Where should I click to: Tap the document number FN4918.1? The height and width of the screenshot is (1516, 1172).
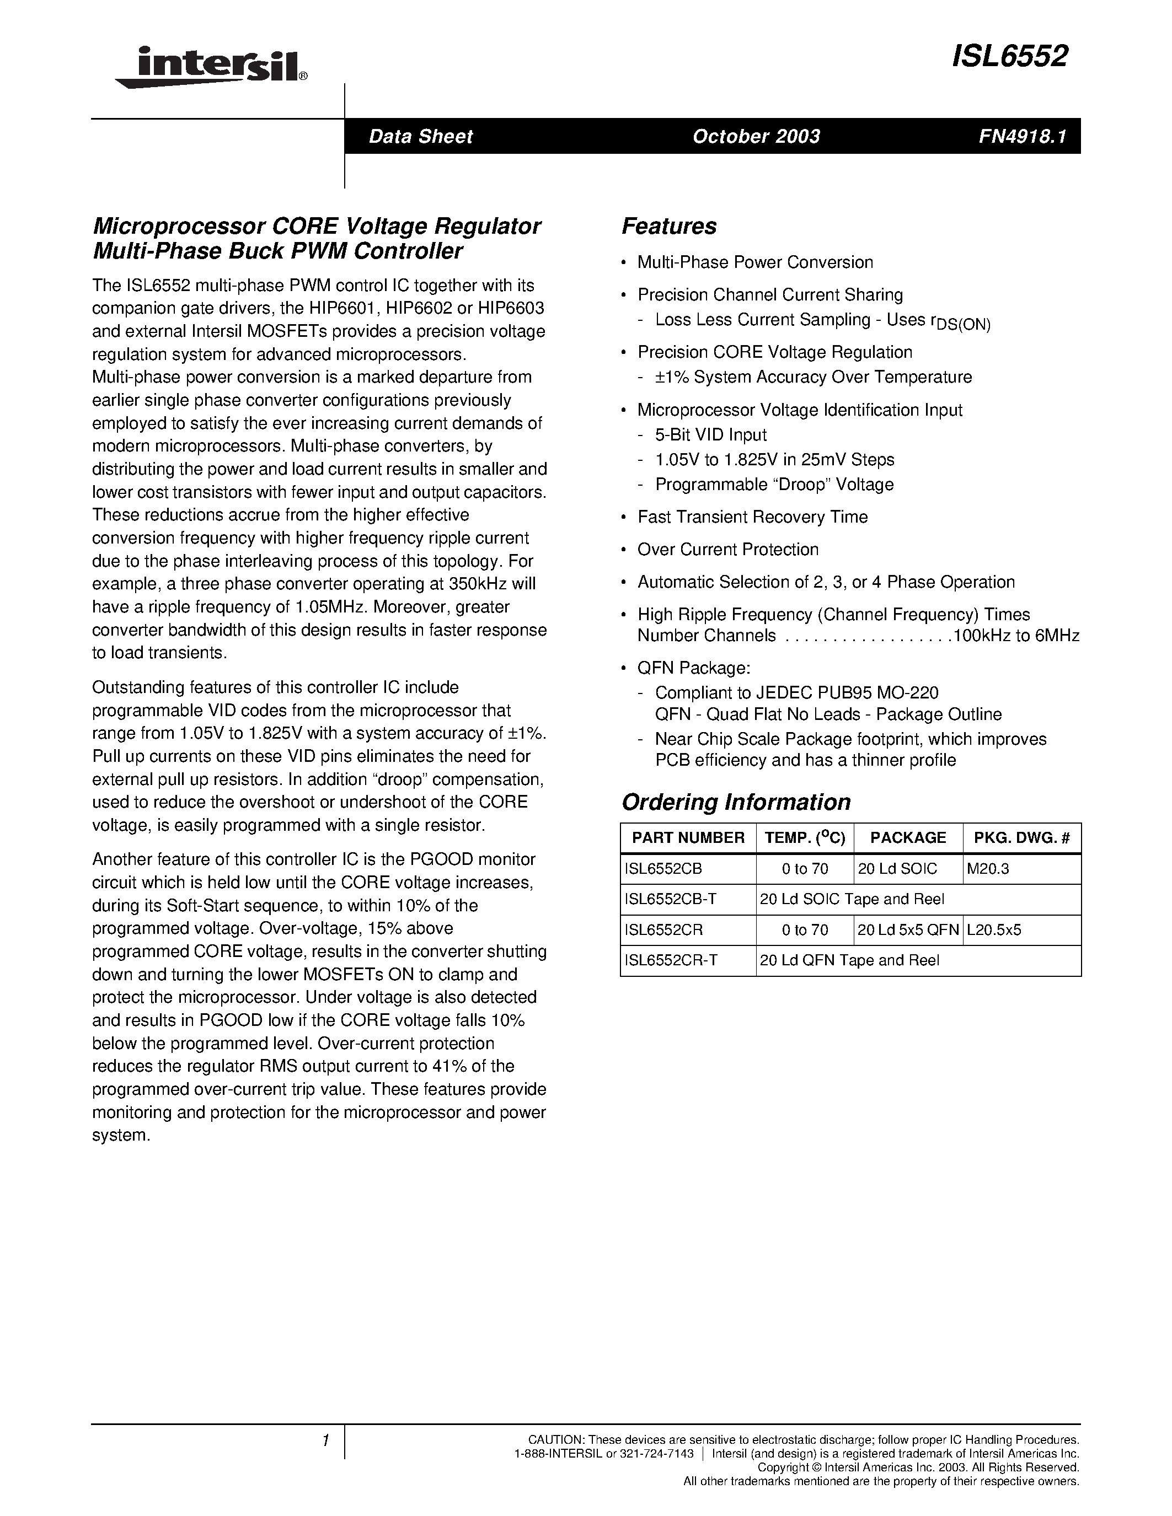pyautogui.click(x=1021, y=136)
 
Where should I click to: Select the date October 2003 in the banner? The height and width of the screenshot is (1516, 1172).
pyautogui.click(x=756, y=136)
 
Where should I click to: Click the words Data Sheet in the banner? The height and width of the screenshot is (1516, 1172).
pyautogui.click(x=420, y=136)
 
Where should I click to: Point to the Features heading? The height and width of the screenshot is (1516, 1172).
pyautogui.click(x=668, y=226)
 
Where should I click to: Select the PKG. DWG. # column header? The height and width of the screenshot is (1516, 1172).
pyautogui.click(x=1021, y=838)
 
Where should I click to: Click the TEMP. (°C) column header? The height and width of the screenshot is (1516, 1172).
pyautogui.click(x=805, y=838)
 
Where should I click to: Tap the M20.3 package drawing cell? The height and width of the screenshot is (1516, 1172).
pyautogui.click(x=987, y=868)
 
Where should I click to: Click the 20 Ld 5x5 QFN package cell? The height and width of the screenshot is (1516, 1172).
pyautogui.click(x=907, y=929)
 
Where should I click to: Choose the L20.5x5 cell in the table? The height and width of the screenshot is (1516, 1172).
pyautogui.click(x=993, y=929)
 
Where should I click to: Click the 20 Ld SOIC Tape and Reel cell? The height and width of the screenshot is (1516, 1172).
pyautogui.click(x=852, y=899)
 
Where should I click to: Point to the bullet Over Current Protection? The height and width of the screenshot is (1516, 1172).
pyautogui.click(x=727, y=549)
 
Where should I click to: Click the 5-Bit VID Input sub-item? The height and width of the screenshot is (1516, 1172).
pyautogui.click(x=710, y=434)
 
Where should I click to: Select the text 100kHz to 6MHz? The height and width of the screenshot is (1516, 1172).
pyautogui.click(x=1016, y=635)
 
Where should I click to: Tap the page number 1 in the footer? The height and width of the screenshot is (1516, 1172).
pyautogui.click(x=325, y=1440)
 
